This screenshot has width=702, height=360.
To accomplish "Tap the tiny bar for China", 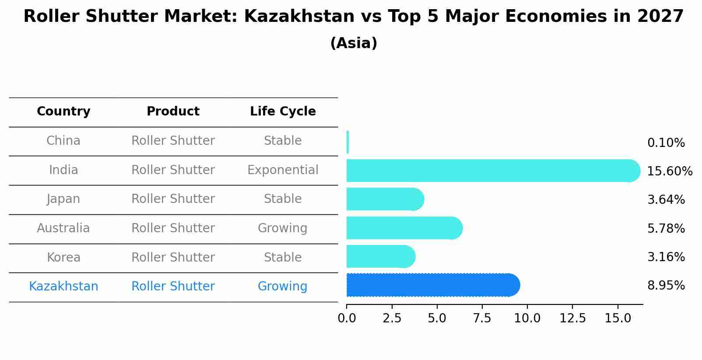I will pyautogui.click(x=347, y=142).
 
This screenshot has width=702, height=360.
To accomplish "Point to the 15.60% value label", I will pyautogui.click(x=670, y=171).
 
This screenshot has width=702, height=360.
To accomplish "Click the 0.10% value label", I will pyautogui.click(x=666, y=143).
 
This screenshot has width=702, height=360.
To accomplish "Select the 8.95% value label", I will pyautogui.click(x=666, y=285).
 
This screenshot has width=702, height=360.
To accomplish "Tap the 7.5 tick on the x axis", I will pyautogui.click(x=482, y=318).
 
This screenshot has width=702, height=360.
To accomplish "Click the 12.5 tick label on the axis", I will pyautogui.click(x=572, y=318).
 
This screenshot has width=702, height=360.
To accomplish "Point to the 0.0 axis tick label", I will pyautogui.click(x=347, y=318).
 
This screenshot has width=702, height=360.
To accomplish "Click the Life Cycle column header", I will pyautogui.click(x=283, y=112).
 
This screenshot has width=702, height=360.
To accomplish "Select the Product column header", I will pyautogui.click(x=173, y=112).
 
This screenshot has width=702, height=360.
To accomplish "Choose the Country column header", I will pyautogui.click(x=63, y=112).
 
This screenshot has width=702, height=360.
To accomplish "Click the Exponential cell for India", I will pyautogui.click(x=283, y=170).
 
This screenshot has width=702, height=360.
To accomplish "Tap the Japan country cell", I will pyautogui.click(x=63, y=199).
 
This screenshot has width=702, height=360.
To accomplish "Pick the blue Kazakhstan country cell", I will pyautogui.click(x=63, y=287).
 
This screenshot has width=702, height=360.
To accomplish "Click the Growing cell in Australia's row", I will pyautogui.click(x=282, y=228).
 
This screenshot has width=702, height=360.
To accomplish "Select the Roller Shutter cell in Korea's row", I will pyautogui.click(x=173, y=257).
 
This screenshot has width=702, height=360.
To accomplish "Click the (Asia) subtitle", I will pyautogui.click(x=354, y=43).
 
